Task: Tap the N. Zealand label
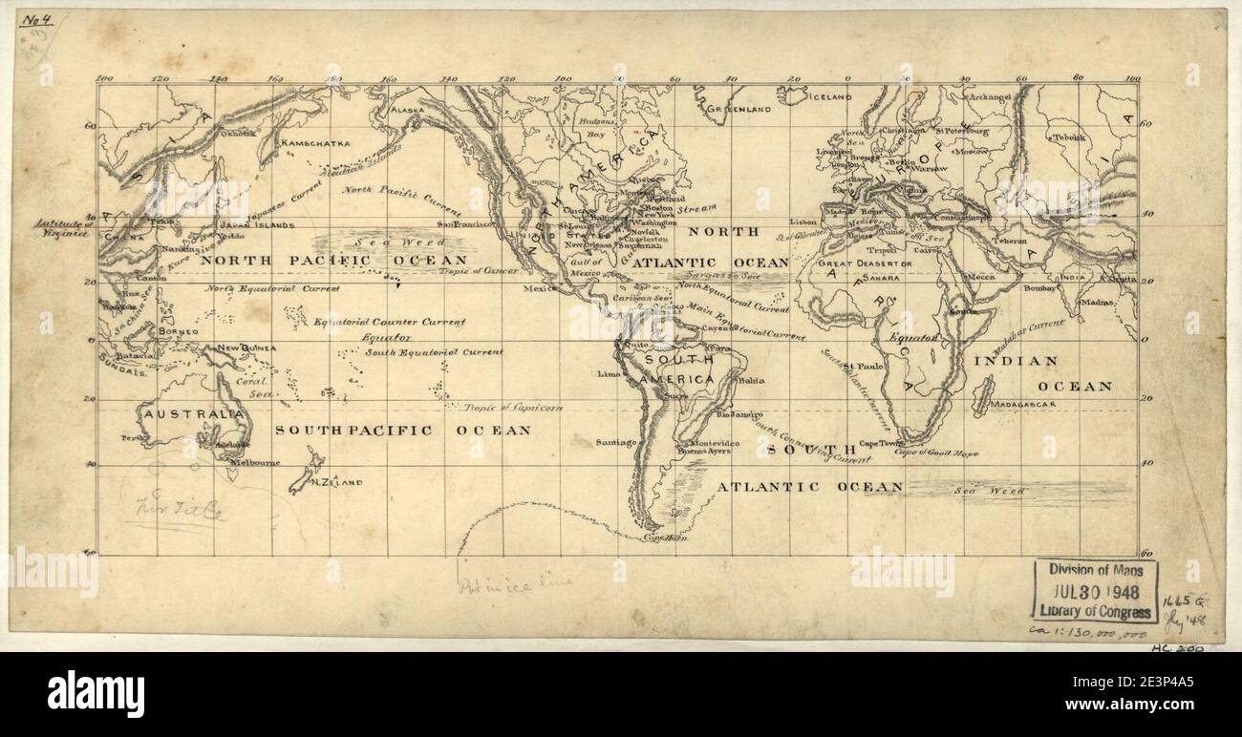tap(337, 483)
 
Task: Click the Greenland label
tap(739, 111)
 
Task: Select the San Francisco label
tap(464, 224)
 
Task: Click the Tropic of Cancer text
tap(479, 271)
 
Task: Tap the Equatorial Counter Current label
tap(390, 322)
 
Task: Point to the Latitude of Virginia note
tap(60, 227)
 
